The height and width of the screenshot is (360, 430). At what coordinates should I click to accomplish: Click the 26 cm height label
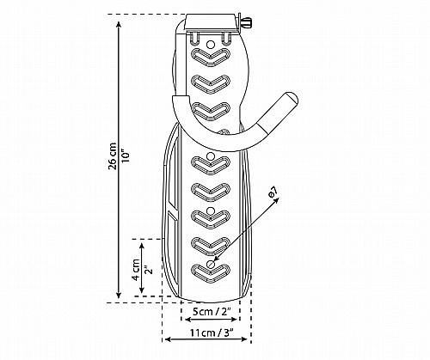coord(113,156)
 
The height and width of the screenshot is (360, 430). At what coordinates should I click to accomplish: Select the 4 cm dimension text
coord(136,270)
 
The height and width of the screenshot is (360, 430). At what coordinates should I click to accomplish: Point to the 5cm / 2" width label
coord(211,311)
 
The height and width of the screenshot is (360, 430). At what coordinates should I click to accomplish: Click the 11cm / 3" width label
coord(212,333)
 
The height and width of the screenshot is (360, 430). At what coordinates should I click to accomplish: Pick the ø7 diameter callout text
coord(273,192)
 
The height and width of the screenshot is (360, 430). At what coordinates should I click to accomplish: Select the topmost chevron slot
coord(211,58)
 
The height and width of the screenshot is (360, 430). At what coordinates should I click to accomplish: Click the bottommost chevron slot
coord(211,273)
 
